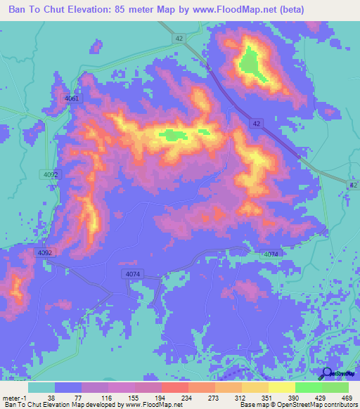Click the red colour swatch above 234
[175, 387]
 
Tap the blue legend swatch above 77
[68, 387]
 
